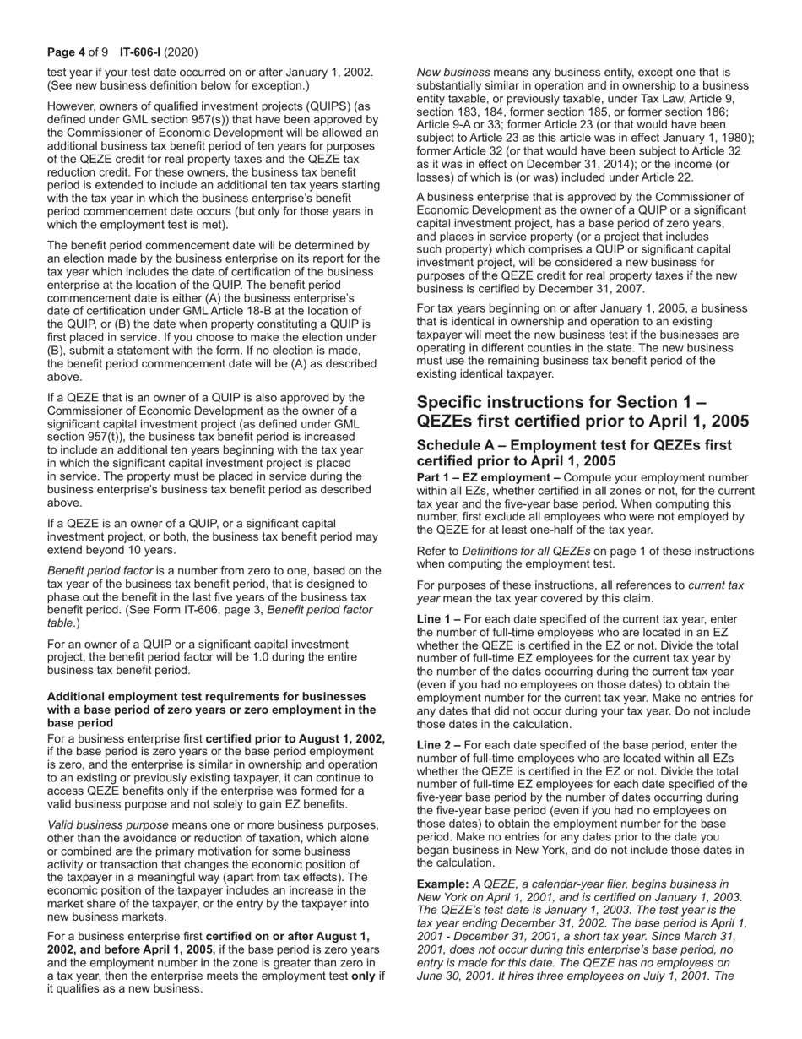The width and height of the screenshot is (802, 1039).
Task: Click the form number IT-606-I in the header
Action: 149,52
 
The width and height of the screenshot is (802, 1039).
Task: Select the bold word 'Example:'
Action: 442,884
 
